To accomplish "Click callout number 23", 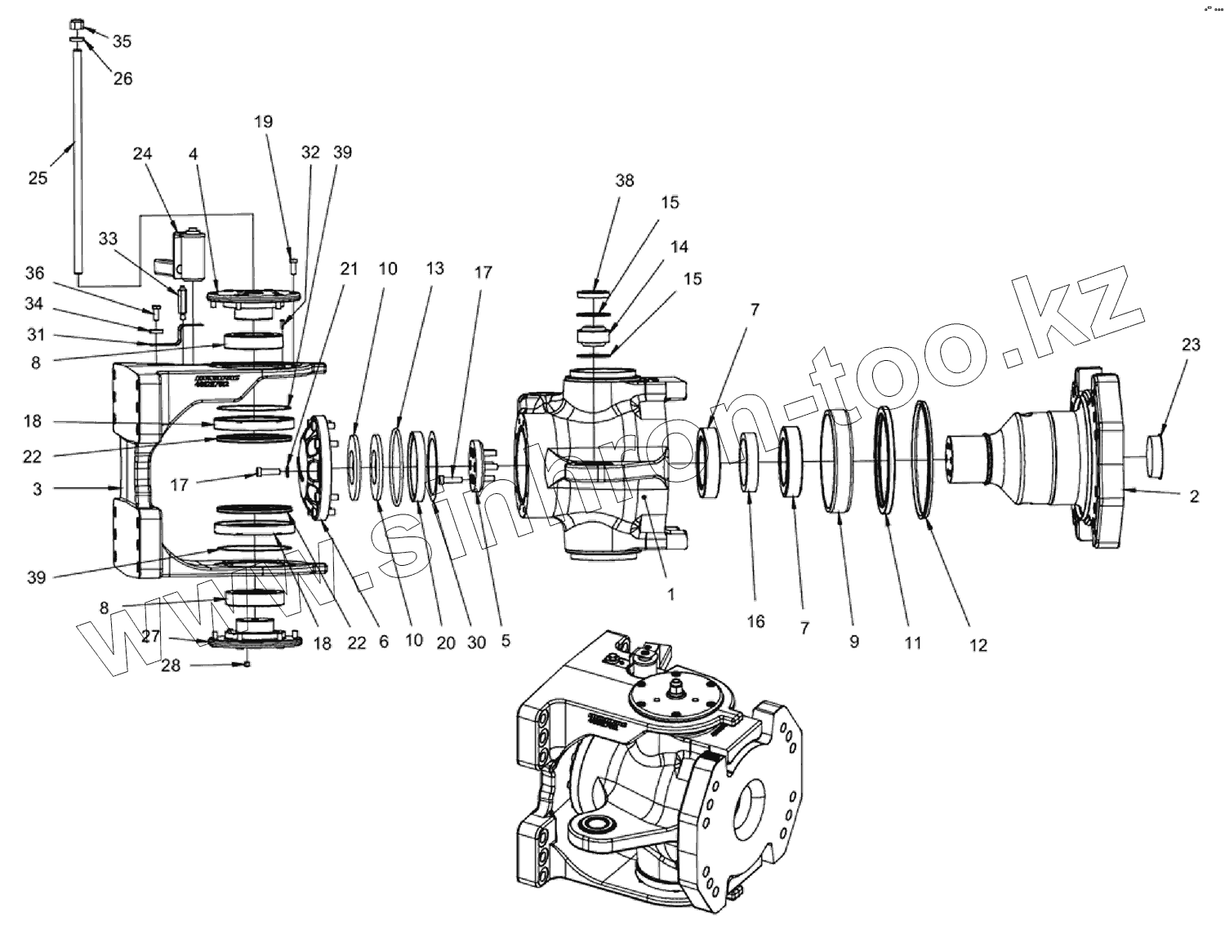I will pyautogui.click(x=1191, y=345).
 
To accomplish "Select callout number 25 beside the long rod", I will pyautogui.click(x=38, y=178).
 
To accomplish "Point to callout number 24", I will pyautogui.click(x=143, y=154).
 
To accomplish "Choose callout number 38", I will pyautogui.click(x=624, y=180).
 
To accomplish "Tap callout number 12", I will pyautogui.click(x=978, y=645).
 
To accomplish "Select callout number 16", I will pyautogui.click(x=755, y=621).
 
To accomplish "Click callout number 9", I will pyautogui.click(x=854, y=641).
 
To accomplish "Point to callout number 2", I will pyautogui.click(x=1194, y=496).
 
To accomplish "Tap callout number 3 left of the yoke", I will pyautogui.click(x=37, y=488).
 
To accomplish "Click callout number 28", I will pyautogui.click(x=170, y=665).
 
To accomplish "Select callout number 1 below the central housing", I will pyautogui.click(x=670, y=594).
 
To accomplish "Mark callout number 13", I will pyautogui.click(x=434, y=268).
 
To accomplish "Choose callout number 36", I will pyautogui.click(x=34, y=273).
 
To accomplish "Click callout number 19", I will pyautogui.click(x=263, y=122).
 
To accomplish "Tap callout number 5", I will pyautogui.click(x=506, y=641).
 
